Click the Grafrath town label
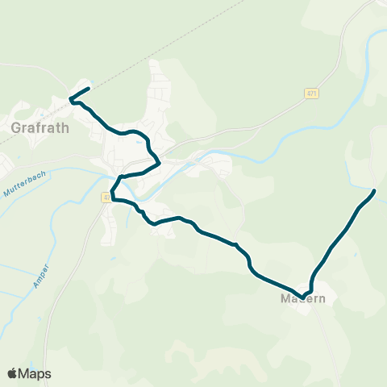(40, 127)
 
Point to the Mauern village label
(303, 299)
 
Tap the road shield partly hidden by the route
(106, 197)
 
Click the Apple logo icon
(12, 373)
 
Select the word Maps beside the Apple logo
(35, 373)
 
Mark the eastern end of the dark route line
(374, 191)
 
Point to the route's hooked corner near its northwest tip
(72, 100)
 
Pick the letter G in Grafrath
(17, 127)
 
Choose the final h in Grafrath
(64, 127)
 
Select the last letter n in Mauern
(322, 299)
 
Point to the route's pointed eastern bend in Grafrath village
(159, 163)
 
